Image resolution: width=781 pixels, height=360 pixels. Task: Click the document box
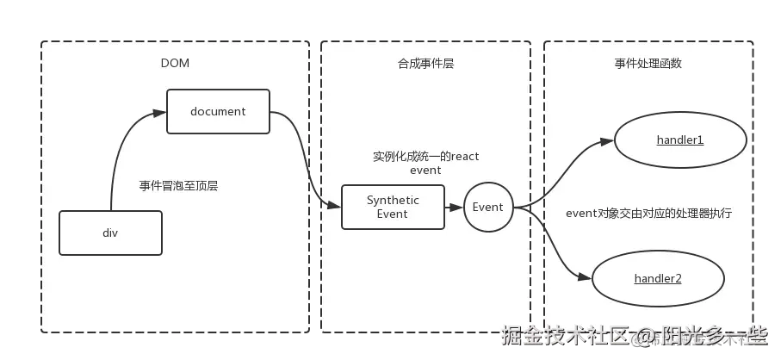[x=218, y=111]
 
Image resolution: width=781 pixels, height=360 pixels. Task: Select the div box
[x=110, y=233]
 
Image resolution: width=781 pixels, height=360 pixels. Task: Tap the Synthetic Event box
[x=393, y=207]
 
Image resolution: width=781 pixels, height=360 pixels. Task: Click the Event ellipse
[x=488, y=207]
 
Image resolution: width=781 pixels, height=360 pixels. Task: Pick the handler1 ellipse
[x=679, y=140]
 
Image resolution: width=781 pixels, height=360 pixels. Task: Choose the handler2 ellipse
[x=658, y=278]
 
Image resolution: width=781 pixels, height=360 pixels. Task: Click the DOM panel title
[x=175, y=63]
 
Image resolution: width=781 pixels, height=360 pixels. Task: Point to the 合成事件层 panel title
[x=425, y=63]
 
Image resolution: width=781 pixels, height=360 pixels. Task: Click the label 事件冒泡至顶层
[x=178, y=184]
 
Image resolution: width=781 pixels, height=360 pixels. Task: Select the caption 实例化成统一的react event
[x=425, y=163]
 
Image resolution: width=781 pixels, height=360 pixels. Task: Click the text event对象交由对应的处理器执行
[x=648, y=212]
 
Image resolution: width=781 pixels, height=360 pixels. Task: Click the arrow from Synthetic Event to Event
[x=454, y=207]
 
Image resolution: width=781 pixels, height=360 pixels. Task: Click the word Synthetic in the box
[x=393, y=200]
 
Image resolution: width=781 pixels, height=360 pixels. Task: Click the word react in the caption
[x=464, y=156]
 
